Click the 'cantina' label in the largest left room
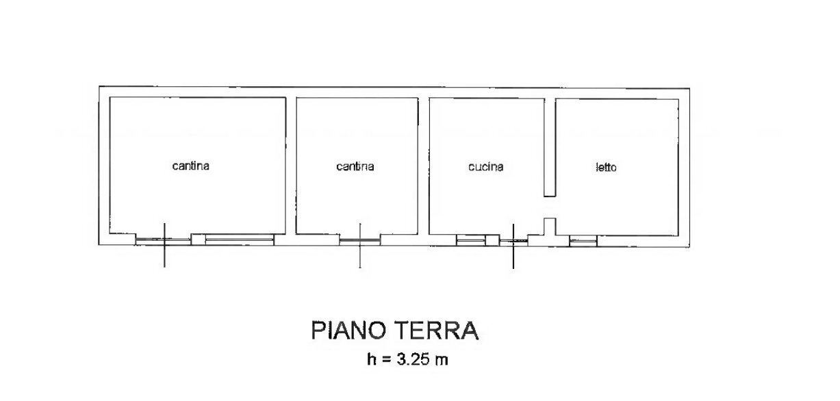pos(190,166)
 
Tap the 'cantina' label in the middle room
pos(355,166)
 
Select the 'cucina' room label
pos(485,166)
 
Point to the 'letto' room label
pos(606,167)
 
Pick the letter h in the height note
pos(371,359)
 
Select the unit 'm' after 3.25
pos(442,359)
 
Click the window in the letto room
pos(583,240)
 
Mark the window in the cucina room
pos(470,240)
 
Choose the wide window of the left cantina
pos(240,240)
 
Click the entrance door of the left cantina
pos(163,240)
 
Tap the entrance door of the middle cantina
pos(359,240)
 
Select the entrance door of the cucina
pos(513,241)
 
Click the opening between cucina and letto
pos(549,207)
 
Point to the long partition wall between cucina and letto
pos(549,147)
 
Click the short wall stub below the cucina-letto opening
pos(549,226)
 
